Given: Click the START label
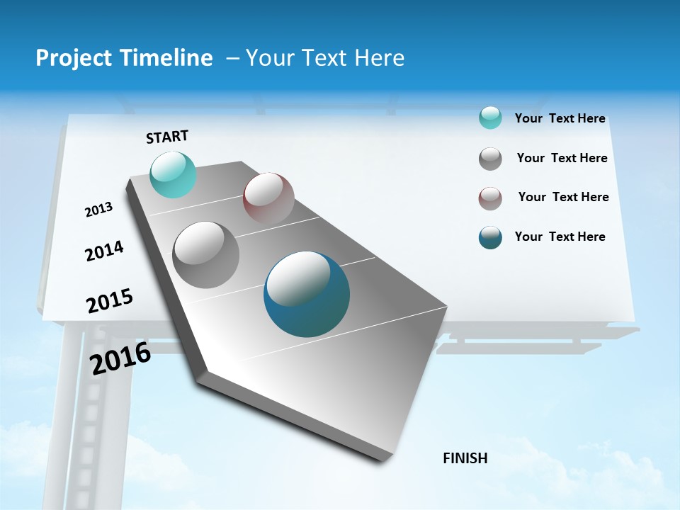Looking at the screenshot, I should click(x=167, y=137).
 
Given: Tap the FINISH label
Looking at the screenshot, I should click(x=465, y=458).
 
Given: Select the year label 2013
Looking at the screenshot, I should click(x=98, y=210).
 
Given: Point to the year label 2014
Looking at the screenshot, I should click(x=104, y=251).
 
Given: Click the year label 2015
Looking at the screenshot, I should click(x=110, y=301).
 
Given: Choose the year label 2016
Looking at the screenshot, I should click(x=120, y=358).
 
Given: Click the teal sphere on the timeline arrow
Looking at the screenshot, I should click(x=173, y=174).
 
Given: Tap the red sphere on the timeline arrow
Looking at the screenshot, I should click(x=268, y=198).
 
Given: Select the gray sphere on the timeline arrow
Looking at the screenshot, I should click(x=206, y=255).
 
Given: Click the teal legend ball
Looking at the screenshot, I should click(x=490, y=118).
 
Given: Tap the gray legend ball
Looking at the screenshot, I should click(x=490, y=159).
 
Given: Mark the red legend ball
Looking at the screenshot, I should click(x=490, y=198).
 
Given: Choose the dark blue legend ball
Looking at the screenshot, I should click(x=490, y=237).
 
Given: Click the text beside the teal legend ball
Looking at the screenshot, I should click(x=560, y=119).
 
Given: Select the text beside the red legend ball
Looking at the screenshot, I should click(x=563, y=197).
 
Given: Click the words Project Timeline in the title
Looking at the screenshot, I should click(x=124, y=58).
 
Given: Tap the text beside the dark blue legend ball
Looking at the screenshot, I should click(x=560, y=237).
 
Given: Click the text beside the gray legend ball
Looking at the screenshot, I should click(x=562, y=158).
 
